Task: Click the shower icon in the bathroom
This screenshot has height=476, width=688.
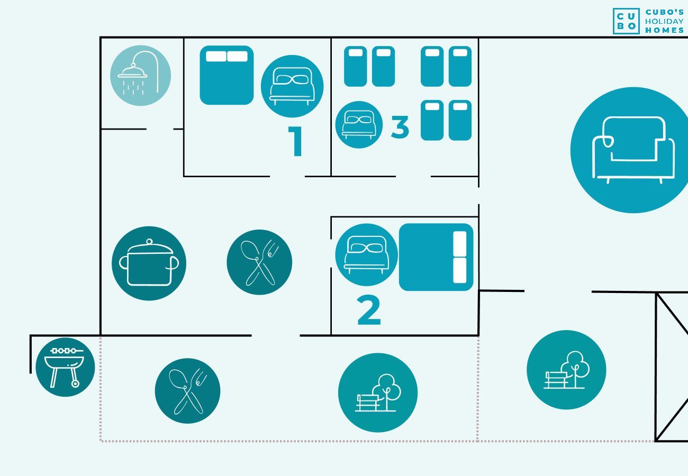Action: point(140,75)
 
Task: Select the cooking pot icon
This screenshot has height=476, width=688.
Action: point(149,263)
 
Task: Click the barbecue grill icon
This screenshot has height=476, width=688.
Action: point(65,367)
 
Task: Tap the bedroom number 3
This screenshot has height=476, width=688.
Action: point(400,127)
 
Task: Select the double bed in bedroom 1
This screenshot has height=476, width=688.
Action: point(227,75)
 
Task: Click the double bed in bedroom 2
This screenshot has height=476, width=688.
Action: point(436,257)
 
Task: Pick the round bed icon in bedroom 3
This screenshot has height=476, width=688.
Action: point(359,125)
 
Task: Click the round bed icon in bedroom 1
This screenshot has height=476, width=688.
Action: point(292,86)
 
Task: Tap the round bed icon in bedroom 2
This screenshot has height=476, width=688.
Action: point(366,254)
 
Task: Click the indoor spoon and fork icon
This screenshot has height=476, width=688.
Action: point(259,262)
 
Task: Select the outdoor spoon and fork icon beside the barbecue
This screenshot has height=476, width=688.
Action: point(187,391)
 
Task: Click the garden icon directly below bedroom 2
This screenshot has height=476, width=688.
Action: point(377,392)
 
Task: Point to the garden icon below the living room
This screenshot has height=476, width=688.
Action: point(566,370)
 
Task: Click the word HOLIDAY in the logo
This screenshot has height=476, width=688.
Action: point(664,21)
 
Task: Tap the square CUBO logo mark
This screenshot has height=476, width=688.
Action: point(627,21)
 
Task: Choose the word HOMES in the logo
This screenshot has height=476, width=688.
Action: point(664,30)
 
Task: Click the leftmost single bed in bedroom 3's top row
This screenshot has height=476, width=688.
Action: point(355,66)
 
